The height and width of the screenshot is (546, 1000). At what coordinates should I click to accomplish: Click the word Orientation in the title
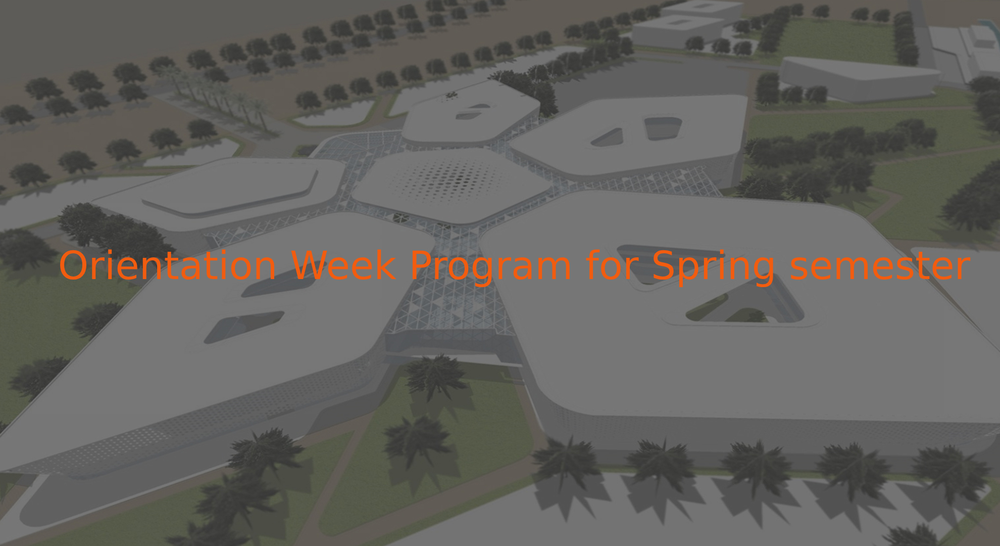[167, 265]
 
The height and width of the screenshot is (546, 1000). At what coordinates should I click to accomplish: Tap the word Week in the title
[343, 265]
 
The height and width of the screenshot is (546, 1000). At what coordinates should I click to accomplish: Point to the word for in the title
[612, 265]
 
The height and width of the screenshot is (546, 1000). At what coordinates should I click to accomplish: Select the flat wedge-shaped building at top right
[859, 78]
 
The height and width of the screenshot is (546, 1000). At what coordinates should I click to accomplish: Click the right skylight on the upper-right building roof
[663, 128]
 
